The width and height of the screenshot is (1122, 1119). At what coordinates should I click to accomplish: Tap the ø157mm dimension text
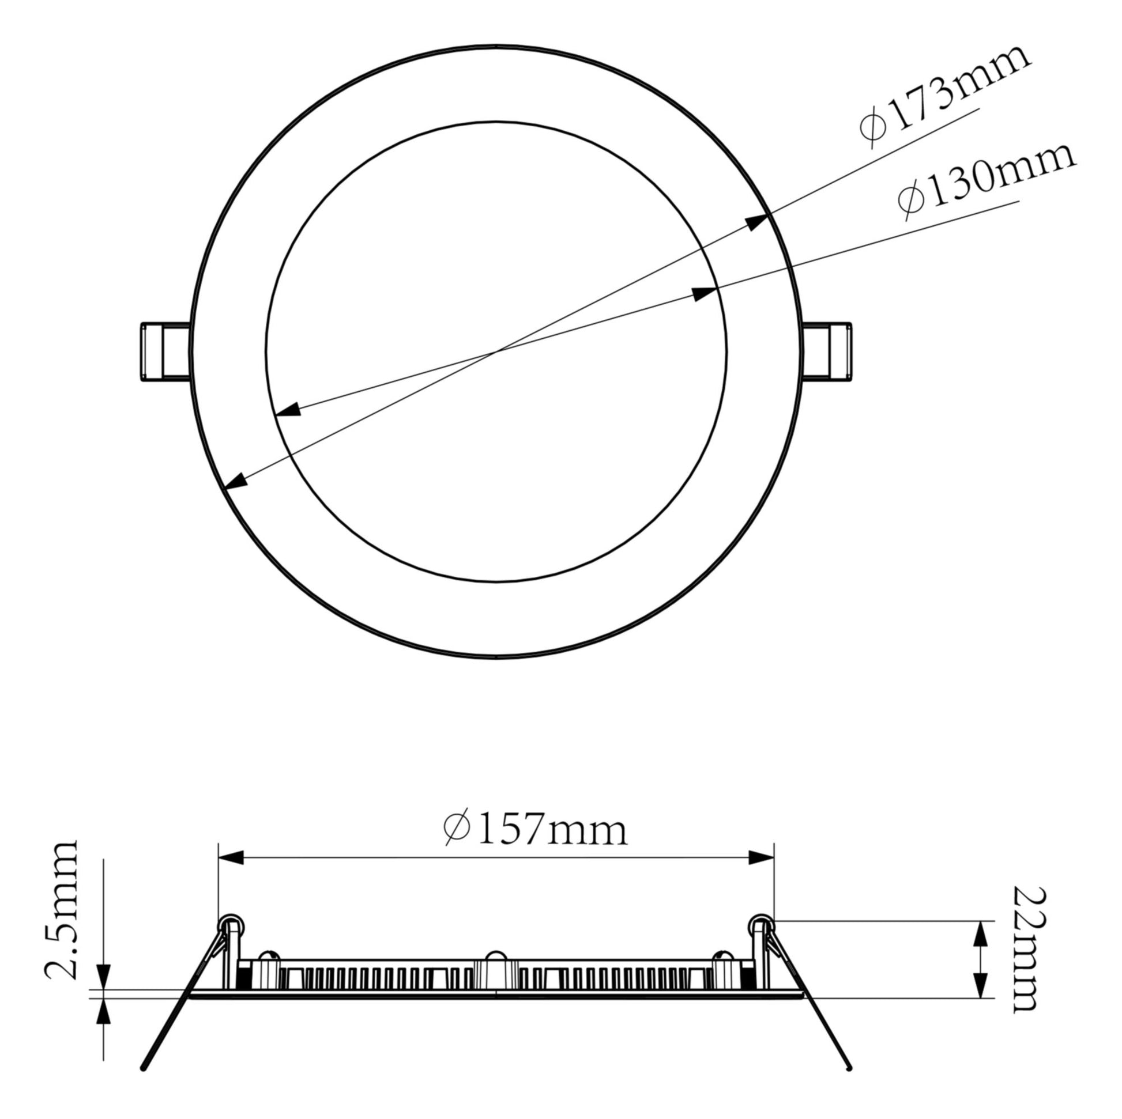tap(535, 830)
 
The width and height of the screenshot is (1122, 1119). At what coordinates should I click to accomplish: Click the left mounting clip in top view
tap(165, 352)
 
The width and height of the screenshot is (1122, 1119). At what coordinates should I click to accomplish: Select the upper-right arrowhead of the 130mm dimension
tap(705, 293)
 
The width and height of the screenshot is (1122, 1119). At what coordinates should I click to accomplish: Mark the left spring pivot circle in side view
tap(230, 924)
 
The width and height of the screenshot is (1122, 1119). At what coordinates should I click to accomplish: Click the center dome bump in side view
tap(495, 959)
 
